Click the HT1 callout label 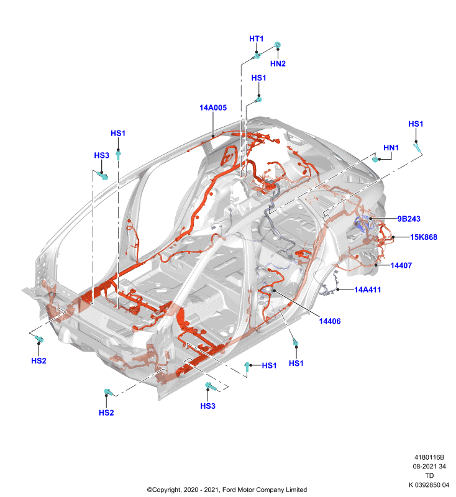click(256, 39)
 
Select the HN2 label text click(278, 64)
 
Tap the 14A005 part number click(213, 107)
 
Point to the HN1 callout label click(391, 148)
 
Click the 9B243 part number click(409, 219)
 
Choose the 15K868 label click(424, 237)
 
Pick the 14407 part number click(401, 265)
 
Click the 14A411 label click(368, 290)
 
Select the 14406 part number click(330, 321)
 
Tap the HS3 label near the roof click(102, 155)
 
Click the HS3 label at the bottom click(208, 406)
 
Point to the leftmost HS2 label click(39, 361)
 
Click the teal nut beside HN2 click(278, 45)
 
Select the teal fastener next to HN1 click(375, 159)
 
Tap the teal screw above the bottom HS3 click(211, 386)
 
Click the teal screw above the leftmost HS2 click(39, 339)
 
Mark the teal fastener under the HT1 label click(257, 57)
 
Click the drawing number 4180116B click(429, 457)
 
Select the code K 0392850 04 click(429, 485)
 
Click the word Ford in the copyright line click(229, 490)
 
